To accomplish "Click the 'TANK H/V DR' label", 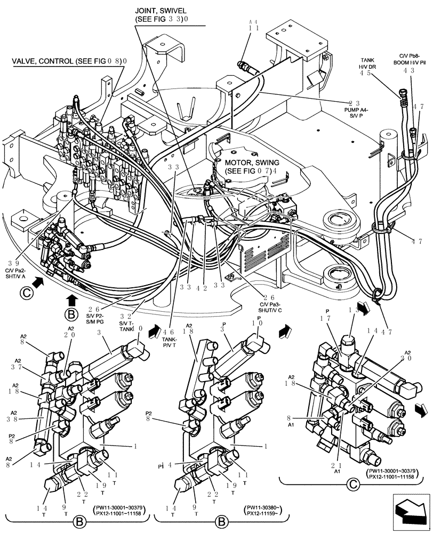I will point(368,63).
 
